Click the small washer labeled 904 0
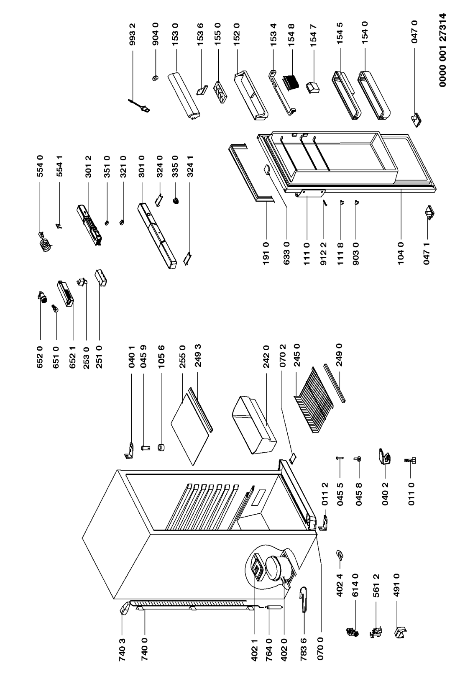(x=155, y=78)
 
